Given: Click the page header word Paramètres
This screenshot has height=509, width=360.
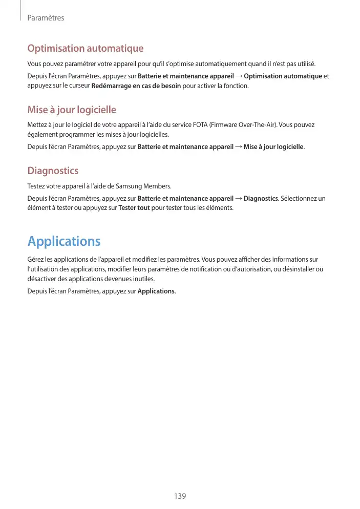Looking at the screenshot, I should point(46,18).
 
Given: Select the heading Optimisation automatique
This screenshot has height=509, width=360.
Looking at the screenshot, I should point(85,49).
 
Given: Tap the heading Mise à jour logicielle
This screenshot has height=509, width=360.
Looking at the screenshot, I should point(72,110).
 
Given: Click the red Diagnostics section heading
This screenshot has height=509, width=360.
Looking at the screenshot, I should point(53,171).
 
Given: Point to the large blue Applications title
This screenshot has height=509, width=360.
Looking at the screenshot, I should point(64,241).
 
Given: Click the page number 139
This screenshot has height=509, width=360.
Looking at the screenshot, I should point(180,496).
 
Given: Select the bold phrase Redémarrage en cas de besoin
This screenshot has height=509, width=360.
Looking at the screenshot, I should point(136,86).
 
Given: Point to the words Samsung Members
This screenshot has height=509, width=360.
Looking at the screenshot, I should point(148,186).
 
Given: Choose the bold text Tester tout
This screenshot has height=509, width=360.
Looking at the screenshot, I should point(134,208).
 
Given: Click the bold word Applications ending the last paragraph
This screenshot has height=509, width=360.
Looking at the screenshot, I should point(156,291).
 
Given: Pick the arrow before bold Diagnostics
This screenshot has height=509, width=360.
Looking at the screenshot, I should point(239,199).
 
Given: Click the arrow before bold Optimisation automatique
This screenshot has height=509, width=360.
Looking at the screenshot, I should point(239,77).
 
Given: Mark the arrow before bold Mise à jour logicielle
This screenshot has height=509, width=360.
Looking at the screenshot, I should point(239,147).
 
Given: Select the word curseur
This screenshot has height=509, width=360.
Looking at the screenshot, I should point(78,86).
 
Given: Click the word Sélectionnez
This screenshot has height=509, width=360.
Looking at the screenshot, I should point(299,199).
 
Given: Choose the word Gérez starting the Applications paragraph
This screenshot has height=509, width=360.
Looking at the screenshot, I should point(35,259).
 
